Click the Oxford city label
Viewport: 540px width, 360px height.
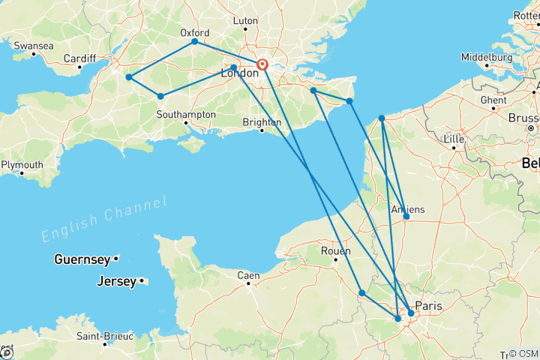point(194,32)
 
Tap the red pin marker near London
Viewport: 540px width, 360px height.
point(262,64)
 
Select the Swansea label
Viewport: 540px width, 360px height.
point(34,46)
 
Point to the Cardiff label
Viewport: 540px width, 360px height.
point(79,58)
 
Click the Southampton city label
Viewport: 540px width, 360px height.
point(186,115)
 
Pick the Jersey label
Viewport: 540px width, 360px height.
point(117,282)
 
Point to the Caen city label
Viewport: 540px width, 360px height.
point(248,275)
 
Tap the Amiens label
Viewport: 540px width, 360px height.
point(408,208)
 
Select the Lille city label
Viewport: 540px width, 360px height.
point(453,139)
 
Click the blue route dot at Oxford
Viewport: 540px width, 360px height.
point(195,41)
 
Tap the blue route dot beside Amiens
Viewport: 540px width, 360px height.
point(406,217)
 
